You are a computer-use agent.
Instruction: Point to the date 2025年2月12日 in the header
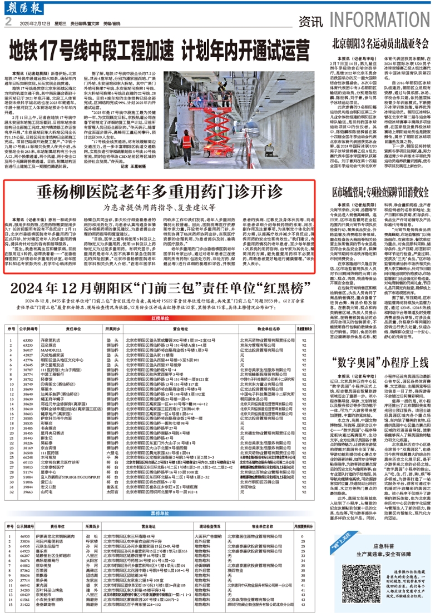[34, 24]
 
